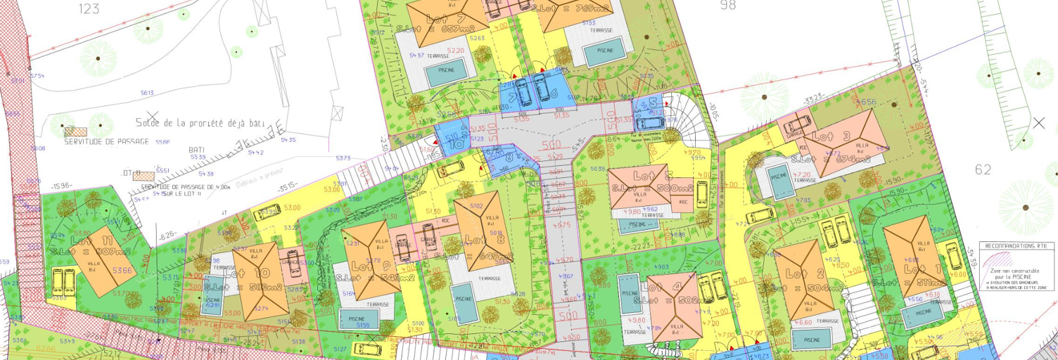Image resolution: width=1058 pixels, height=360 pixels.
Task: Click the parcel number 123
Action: (89, 9)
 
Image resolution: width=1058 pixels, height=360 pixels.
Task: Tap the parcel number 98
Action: (727, 5)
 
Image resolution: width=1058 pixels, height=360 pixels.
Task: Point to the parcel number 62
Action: (983, 169)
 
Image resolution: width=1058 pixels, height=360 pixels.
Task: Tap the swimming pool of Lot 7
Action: (447, 72)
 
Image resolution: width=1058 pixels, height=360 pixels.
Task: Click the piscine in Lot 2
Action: (805, 338)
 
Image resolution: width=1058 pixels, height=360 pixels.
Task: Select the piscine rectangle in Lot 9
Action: (357, 321)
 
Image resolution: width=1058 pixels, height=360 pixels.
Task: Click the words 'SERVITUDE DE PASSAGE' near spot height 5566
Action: (107, 141)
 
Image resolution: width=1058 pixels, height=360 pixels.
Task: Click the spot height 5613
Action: (147, 93)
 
